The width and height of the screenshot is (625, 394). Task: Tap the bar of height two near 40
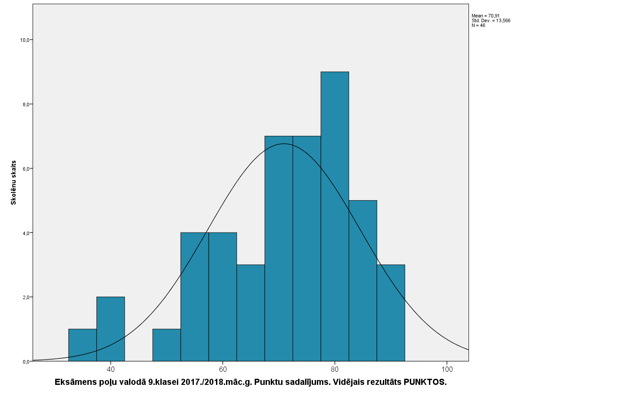coord(110,329)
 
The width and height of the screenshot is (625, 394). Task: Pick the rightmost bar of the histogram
coord(391,313)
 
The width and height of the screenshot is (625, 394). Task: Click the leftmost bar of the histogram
coord(83,345)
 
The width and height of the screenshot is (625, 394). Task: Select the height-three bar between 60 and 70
coord(251,313)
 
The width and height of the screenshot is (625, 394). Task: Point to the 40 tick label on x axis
coord(110,370)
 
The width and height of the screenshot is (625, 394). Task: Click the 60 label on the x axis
coord(223,370)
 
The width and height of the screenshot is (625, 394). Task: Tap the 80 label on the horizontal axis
coord(335,370)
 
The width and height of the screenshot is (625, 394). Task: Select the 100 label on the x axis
coord(447,370)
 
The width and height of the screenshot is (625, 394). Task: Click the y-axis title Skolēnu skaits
coord(13,182)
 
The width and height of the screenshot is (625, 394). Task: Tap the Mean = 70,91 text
coord(485,16)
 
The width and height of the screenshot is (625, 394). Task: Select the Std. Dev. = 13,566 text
coord(491,20)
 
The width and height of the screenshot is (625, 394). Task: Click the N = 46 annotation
coord(478,25)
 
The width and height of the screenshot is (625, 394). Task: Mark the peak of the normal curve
coord(284,144)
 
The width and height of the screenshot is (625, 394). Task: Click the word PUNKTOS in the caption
coord(425,382)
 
